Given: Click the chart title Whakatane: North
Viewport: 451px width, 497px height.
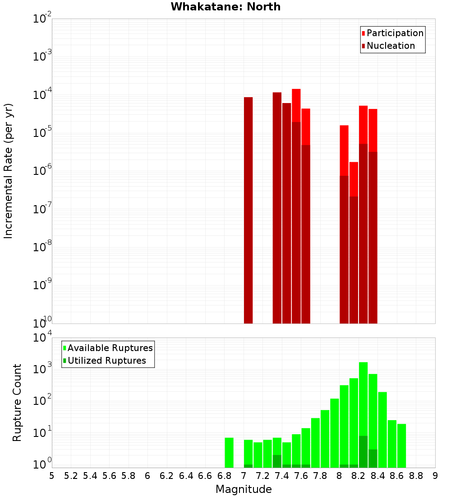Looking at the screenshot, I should pos(225,7).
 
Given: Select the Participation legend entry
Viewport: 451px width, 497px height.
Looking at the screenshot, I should pos(395,33).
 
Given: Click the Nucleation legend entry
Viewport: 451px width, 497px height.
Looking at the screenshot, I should pos(390,46).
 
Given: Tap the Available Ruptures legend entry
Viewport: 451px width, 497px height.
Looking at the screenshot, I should pos(110,348).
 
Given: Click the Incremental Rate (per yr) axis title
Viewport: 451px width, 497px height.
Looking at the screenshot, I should pos(8,171).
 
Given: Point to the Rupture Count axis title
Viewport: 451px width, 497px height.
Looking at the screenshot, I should pos(17,402).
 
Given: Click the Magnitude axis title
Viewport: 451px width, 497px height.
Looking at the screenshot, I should pos(244,489).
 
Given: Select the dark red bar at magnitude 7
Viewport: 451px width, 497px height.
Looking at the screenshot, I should pos(248,210).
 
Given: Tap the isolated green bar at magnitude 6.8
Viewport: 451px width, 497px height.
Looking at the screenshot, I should pos(229,452).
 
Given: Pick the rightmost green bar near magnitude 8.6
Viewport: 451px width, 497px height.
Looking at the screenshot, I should pos(401,445).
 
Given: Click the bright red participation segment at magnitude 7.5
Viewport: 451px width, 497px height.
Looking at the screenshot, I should pos(296,105).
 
